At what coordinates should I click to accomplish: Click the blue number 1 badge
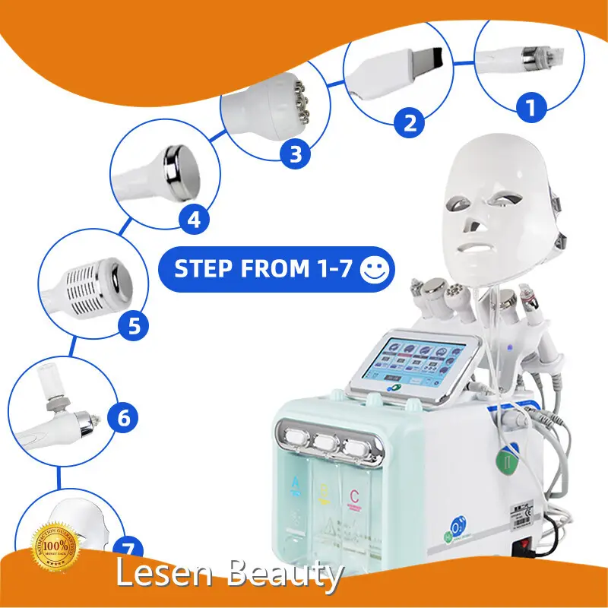coord(531,106)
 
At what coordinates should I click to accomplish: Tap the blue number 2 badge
coord(410,122)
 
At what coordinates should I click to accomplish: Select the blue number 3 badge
coord(295,154)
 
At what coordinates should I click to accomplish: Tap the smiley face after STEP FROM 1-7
coord(375,270)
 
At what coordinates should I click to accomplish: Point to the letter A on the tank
coord(294,481)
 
